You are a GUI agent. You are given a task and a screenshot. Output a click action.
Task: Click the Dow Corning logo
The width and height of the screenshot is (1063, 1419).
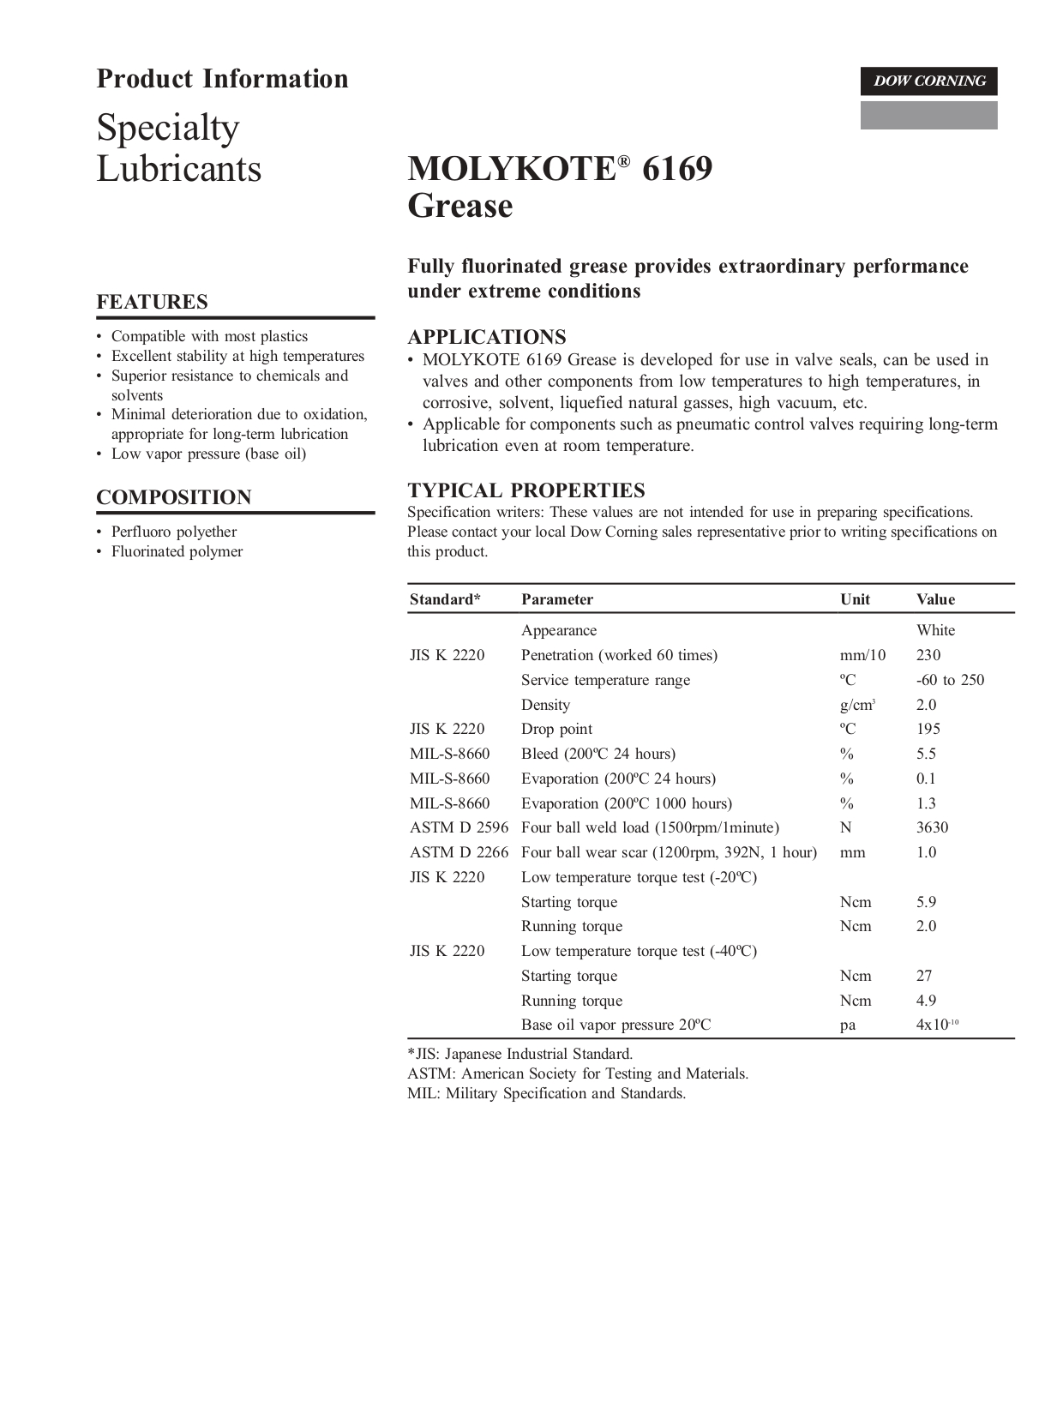pyautogui.click(x=928, y=81)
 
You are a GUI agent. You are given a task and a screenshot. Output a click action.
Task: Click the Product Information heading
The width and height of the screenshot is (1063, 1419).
pyautogui.click(x=222, y=79)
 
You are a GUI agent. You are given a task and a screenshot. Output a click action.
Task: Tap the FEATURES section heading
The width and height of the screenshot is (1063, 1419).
pyautogui.click(x=152, y=302)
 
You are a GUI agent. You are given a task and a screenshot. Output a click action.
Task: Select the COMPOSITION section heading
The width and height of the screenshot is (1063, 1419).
pyautogui.click(x=174, y=497)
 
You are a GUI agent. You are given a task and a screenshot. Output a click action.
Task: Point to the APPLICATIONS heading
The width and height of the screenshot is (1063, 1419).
pyautogui.click(x=487, y=337)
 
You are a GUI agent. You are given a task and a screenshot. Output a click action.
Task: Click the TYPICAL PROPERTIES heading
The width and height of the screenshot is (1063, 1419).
pyautogui.click(x=526, y=490)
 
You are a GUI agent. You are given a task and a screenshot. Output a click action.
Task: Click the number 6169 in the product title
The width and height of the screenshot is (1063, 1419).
pyautogui.click(x=677, y=169)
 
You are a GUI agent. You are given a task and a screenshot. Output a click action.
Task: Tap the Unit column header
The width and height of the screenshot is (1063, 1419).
pyautogui.click(x=855, y=599)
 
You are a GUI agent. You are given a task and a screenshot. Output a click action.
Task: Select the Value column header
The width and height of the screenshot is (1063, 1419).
pyautogui.click(x=935, y=599)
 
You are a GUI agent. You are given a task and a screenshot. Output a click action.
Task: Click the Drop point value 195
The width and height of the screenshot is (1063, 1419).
pyautogui.click(x=928, y=729)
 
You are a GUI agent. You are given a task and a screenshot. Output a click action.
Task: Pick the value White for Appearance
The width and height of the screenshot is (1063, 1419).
pyautogui.click(x=935, y=630)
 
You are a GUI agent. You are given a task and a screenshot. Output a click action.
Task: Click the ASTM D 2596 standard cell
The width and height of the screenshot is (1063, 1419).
pyautogui.click(x=459, y=827)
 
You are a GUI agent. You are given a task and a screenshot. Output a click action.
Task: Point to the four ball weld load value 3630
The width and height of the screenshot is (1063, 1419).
pyautogui.click(x=932, y=827)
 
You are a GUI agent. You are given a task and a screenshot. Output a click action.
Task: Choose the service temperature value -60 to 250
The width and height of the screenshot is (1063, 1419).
pyautogui.click(x=950, y=680)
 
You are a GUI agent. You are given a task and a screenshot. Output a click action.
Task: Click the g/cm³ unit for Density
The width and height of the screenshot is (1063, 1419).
pyautogui.click(x=857, y=705)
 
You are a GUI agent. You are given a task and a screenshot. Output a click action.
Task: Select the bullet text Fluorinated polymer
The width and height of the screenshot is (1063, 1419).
pyautogui.click(x=177, y=551)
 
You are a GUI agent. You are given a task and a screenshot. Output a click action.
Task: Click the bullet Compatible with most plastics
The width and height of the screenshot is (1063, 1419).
pyautogui.click(x=209, y=336)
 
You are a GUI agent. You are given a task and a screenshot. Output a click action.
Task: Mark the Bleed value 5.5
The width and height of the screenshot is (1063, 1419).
pyautogui.click(x=926, y=754)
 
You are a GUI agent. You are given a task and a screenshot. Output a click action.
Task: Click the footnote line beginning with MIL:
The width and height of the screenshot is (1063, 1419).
pyautogui.click(x=546, y=1093)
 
